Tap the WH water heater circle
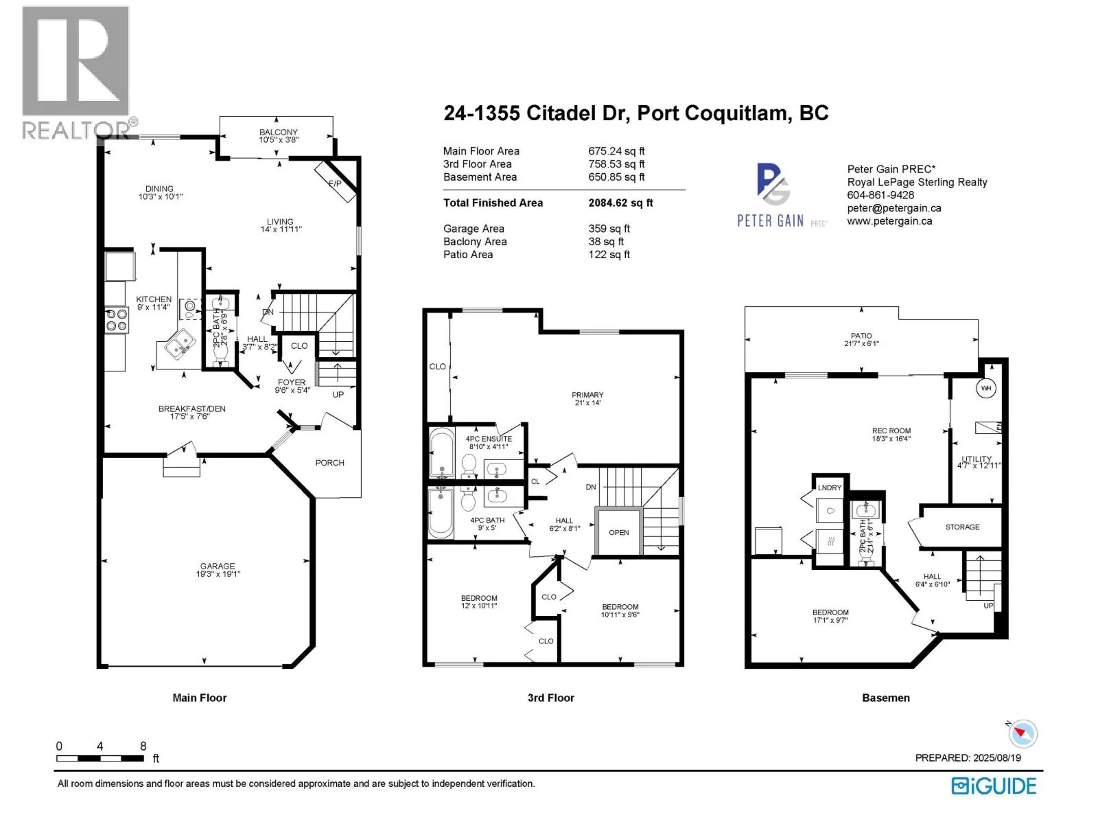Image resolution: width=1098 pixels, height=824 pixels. (x=985, y=389)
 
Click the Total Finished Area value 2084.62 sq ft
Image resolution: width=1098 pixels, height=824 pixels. (x=620, y=203)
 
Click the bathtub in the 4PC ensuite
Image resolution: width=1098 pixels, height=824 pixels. (x=441, y=453)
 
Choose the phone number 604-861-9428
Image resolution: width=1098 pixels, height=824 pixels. (x=880, y=195)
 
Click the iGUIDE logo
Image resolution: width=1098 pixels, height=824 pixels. (x=994, y=786)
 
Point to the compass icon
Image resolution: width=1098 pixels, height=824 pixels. (x=1023, y=734)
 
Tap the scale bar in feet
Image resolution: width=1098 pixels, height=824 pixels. (x=100, y=758)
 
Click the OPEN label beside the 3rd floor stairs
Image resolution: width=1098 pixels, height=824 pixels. (x=618, y=532)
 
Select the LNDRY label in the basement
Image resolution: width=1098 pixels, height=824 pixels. (x=829, y=488)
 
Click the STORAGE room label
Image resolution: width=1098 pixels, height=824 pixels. (x=962, y=527)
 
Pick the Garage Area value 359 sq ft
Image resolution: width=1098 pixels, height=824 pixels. (x=609, y=229)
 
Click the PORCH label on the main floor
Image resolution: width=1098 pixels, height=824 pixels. (x=329, y=463)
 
